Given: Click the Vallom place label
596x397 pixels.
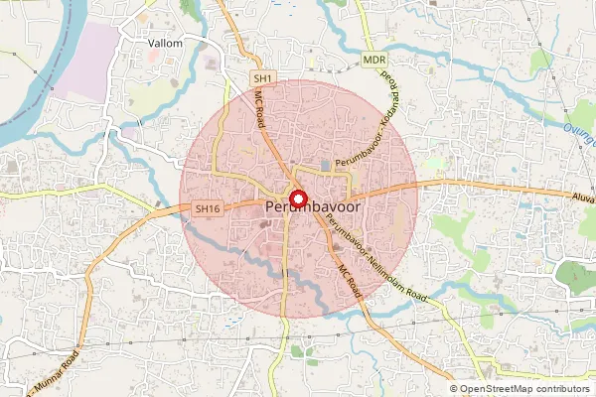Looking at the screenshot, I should point(165,44).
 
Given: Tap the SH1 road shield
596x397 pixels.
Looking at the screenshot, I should point(261,77).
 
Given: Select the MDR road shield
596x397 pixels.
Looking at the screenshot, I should point(373,61).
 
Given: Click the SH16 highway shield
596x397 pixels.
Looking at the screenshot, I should point(206,208).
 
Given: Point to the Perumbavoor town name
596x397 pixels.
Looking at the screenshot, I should point(315,205).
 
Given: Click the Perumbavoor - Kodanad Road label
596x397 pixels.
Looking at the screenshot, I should point(368,129).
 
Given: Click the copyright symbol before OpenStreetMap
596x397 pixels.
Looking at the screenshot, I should point(454,389).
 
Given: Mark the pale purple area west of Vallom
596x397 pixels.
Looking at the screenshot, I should point(84,60).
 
